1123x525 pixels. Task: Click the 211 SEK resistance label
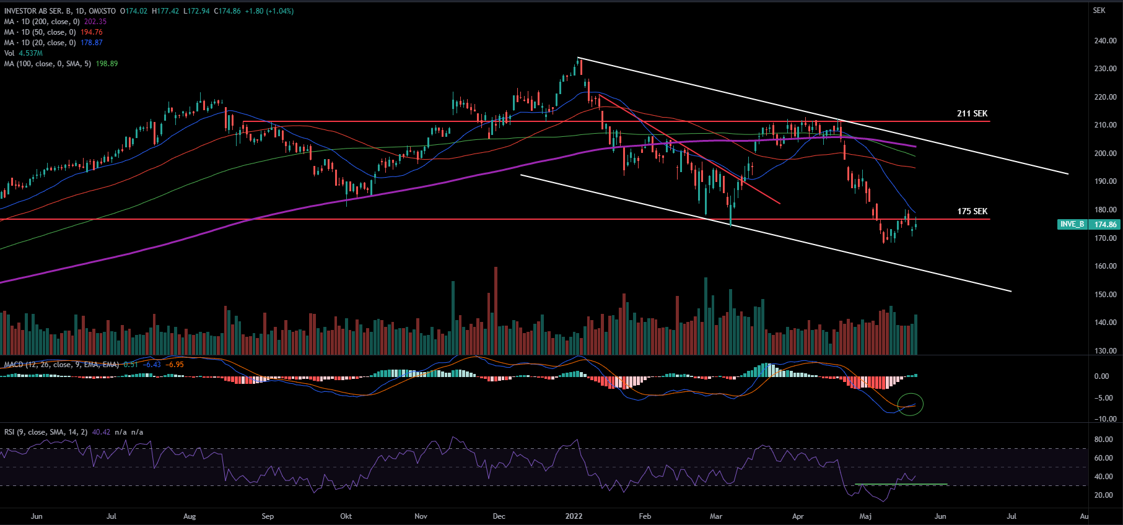point(972,113)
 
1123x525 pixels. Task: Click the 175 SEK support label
point(972,211)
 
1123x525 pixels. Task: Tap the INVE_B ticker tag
point(1072,224)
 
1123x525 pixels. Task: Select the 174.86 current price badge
point(1105,224)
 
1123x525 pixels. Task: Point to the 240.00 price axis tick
point(1105,41)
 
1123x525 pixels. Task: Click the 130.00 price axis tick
point(1105,351)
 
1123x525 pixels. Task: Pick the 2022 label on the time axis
point(574,516)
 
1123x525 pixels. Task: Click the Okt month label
point(346,516)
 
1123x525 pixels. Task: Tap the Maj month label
point(865,516)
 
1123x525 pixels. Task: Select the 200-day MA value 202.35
point(95,22)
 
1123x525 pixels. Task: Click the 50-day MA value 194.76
point(92,32)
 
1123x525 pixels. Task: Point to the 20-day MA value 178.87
point(92,43)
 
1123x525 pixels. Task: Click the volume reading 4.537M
point(30,53)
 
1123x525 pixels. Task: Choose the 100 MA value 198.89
point(107,64)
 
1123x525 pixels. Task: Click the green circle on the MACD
point(911,404)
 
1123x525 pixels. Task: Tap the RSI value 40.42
point(101,432)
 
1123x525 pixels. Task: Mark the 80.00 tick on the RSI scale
point(1103,440)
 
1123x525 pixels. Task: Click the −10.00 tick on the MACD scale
point(1105,419)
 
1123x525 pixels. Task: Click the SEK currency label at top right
point(1099,11)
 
